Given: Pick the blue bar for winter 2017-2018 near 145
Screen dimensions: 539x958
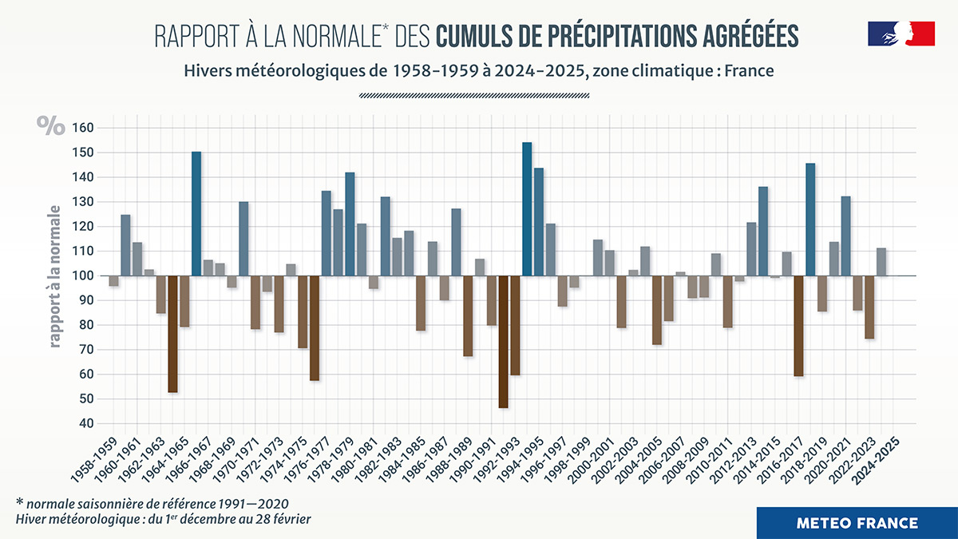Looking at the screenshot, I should pyautogui.click(x=810, y=220).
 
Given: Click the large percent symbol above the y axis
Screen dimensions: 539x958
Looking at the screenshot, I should pyautogui.click(x=50, y=125).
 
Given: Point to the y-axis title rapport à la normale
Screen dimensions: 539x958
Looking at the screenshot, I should pyautogui.click(x=56, y=275).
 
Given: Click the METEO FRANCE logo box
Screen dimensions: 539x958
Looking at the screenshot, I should pyautogui.click(x=857, y=523).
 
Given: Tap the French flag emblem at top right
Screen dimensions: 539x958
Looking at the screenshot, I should pyautogui.click(x=901, y=34).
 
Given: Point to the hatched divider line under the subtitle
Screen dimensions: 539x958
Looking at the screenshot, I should pyautogui.click(x=474, y=96).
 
